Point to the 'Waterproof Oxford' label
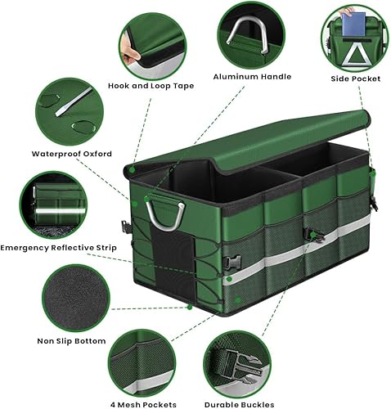pyautogui.click(x=71, y=153)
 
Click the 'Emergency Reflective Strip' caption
pyautogui.click(x=65, y=247)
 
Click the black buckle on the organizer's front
pyautogui.click(x=314, y=235)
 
